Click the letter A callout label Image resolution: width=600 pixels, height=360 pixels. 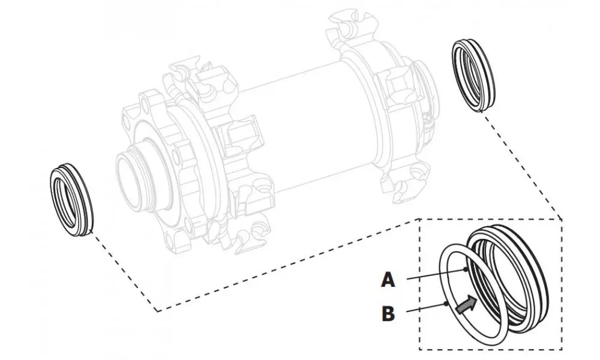(388, 279)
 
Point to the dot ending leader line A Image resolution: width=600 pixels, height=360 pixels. (467, 269)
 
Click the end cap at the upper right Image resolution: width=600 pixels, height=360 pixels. (473, 74)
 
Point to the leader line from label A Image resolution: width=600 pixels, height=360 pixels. (435, 274)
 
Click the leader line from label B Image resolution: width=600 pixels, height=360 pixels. (426, 308)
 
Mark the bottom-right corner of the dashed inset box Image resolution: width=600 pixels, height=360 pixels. (562, 349)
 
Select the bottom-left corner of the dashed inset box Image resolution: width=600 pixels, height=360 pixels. (419, 349)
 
